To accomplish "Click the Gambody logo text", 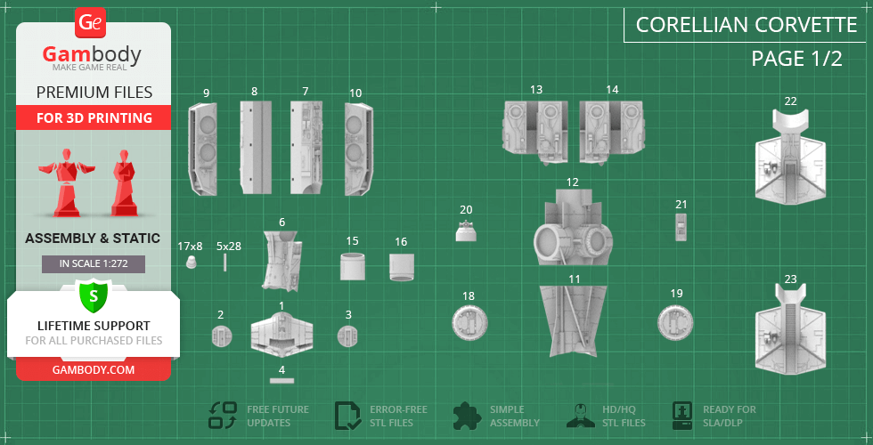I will click(x=92, y=55).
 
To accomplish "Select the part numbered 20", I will click(x=466, y=231).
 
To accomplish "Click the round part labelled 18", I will click(x=469, y=321).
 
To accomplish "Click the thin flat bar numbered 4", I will click(x=281, y=380).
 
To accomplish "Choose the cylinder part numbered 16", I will click(x=401, y=266).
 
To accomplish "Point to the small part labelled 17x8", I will click(x=190, y=263).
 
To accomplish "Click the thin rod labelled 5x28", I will click(x=226, y=262).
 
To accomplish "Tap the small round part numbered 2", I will click(x=221, y=336).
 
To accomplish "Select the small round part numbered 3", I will click(x=347, y=336).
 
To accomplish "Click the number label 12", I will click(x=572, y=182).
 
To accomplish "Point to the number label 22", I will click(x=790, y=101).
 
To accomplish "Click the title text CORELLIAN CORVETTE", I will click(x=747, y=24).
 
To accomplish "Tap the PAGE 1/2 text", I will click(x=796, y=60).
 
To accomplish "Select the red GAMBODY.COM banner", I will click(x=93, y=369).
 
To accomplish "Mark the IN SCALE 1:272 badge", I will click(x=93, y=263).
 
